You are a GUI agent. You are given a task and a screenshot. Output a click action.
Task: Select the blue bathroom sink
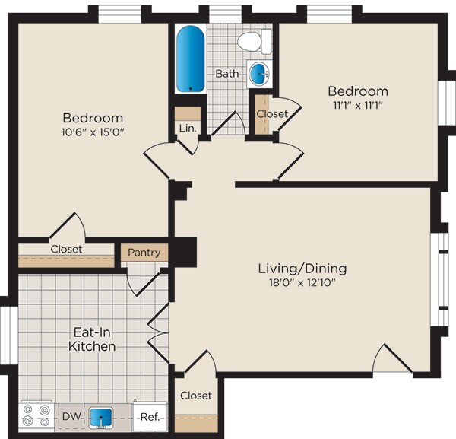coord(260,74)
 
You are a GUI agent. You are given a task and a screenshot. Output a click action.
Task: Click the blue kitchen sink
coord(100,418)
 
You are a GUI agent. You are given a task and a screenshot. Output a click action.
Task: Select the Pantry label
coord(144,253)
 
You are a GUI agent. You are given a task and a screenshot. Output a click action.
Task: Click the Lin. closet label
coord(187,128)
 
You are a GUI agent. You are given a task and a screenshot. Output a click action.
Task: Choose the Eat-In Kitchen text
coord(93,339)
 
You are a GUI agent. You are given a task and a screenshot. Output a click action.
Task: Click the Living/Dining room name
coord(302,269)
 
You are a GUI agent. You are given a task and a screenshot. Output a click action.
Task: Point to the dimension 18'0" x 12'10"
coord(302,283)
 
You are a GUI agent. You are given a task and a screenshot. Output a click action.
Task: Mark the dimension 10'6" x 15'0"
coord(93,132)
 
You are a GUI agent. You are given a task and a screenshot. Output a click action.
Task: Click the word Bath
coord(226,74)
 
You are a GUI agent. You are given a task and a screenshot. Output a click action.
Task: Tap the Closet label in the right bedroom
coord(272,114)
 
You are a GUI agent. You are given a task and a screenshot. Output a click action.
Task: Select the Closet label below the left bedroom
coord(67,249)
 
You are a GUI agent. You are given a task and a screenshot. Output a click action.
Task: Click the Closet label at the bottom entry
coord(196,396)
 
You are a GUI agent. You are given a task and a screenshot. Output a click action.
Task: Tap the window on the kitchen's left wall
coord(5,335)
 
